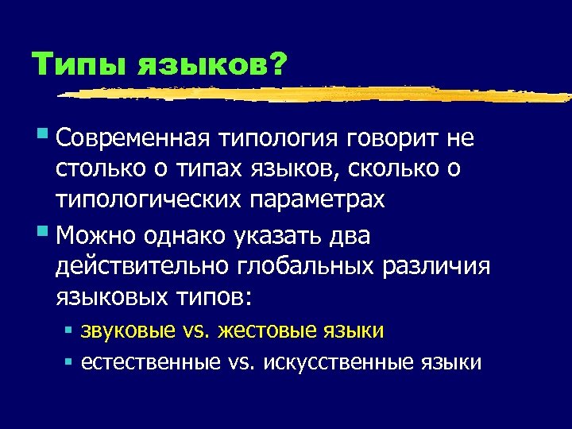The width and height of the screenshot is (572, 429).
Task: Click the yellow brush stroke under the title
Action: tap(318, 94)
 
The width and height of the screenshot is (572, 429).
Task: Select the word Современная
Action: tap(132, 138)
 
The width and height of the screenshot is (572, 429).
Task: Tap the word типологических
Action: tap(148, 200)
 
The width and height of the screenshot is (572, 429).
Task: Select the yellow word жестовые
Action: tap(265, 330)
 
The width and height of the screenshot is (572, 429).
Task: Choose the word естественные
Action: tap(150, 362)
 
